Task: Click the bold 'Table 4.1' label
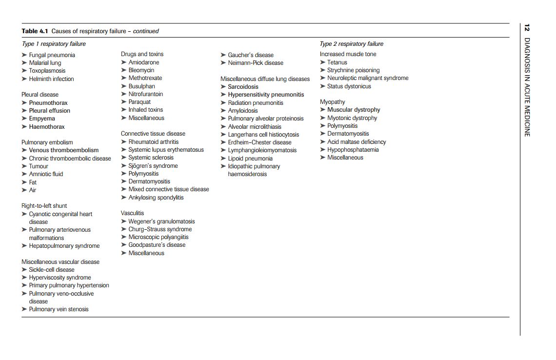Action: pos(35,31)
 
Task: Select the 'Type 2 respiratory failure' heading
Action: pos(351,44)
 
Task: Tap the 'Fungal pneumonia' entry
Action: pos(52,55)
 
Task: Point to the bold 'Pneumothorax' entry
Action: pos(48,103)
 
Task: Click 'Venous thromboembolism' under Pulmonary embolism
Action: pos(63,150)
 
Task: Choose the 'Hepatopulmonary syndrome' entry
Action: pos(64,246)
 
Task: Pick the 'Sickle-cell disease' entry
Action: pos(52,270)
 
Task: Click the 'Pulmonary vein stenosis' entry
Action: pos(59,309)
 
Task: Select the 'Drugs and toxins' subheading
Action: pos(142,54)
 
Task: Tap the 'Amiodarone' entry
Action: pos(143,62)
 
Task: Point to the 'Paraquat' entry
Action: pos(139,102)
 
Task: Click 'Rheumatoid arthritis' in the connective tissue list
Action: pos(153,142)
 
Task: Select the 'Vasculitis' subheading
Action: pos(133,213)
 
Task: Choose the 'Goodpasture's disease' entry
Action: pos(157,245)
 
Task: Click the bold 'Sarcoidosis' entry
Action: pos(243,87)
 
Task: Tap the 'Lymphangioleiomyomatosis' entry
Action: pos(262,150)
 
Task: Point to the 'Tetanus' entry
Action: pos(337,62)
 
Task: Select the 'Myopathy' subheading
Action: pos(332,102)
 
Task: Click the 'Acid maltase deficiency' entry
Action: pos(357,142)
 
